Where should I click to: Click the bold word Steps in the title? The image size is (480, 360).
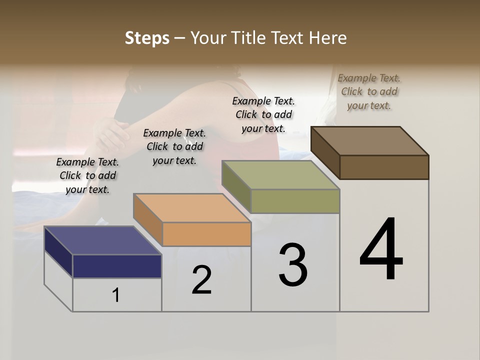(x=147, y=38)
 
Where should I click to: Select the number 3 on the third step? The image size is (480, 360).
(x=293, y=265)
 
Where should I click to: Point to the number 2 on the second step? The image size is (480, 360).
(x=201, y=280)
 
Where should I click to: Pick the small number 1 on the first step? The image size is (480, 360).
(x=115, y=295)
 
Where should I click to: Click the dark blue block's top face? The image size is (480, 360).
(x=103, y=240)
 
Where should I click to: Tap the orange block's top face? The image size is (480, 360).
(x=192, y=207)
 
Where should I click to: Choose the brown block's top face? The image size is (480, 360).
(x=370, y=140)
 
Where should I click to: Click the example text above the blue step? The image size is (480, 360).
(x=87, y=175)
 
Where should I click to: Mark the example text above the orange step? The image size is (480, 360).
(x=174, y=146)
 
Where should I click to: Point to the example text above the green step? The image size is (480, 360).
(x=263, y=114)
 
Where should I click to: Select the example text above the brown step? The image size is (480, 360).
(x=369, y=91)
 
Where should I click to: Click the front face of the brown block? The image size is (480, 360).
(x=384, y=167)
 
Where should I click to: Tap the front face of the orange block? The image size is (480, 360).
(x=206, y=234)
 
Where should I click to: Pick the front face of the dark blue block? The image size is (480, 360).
(x=117, y=266)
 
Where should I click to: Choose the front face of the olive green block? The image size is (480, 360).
(x=295, y=201)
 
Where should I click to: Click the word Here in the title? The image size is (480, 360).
(x=327, y=38)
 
